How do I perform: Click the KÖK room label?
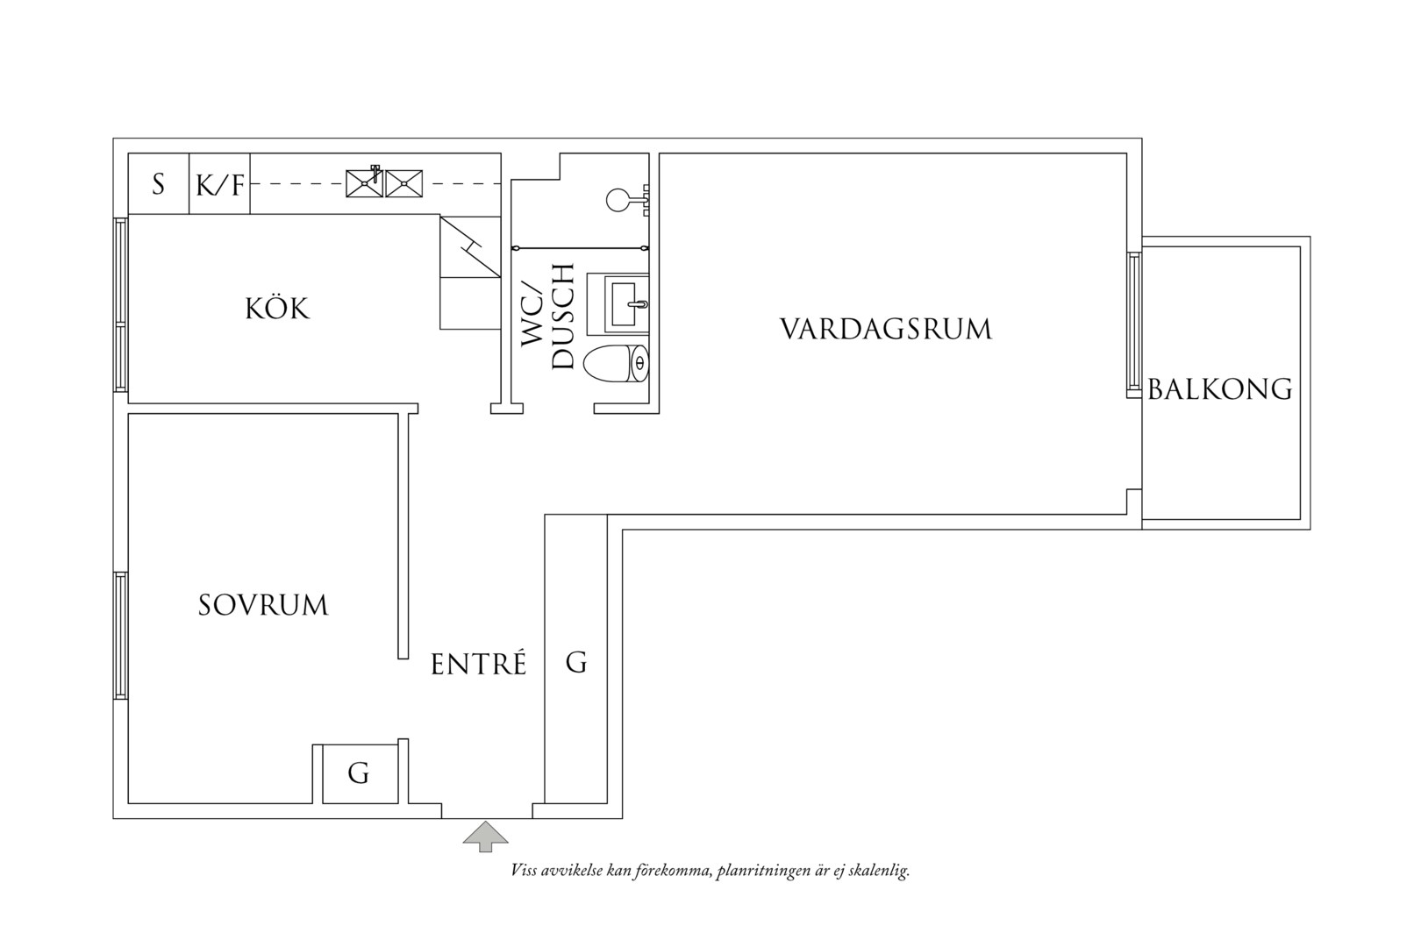277,309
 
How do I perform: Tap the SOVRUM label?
263,605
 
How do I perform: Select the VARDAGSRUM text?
886,329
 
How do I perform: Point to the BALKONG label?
1220,389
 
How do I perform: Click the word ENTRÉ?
478,663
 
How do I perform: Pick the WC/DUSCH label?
547,316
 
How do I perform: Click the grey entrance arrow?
485,837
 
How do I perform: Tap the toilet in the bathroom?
616,363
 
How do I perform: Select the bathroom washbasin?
618,304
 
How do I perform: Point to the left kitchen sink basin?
364,183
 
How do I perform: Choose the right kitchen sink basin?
404,183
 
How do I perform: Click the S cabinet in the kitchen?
159,184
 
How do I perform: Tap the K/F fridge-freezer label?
220,186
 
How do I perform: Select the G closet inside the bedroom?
360,773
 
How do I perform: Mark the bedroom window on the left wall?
120,636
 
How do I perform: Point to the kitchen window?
120,304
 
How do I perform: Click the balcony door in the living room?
1133,324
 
